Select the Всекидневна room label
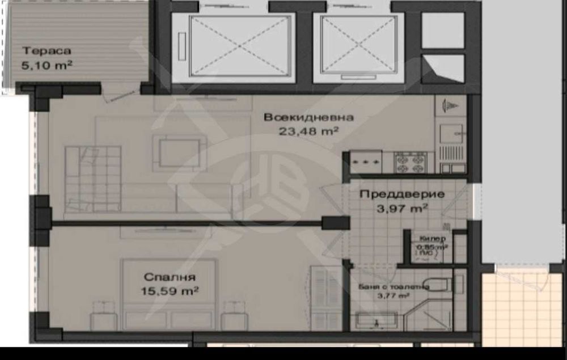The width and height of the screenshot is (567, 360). tap(309, 117)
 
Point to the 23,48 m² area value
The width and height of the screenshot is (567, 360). tap(309, 131)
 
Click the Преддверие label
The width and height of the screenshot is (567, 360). tap(402, 194)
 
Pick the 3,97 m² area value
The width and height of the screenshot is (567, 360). tap(402, 208)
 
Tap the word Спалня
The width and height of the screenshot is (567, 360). tap(170, 277)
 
